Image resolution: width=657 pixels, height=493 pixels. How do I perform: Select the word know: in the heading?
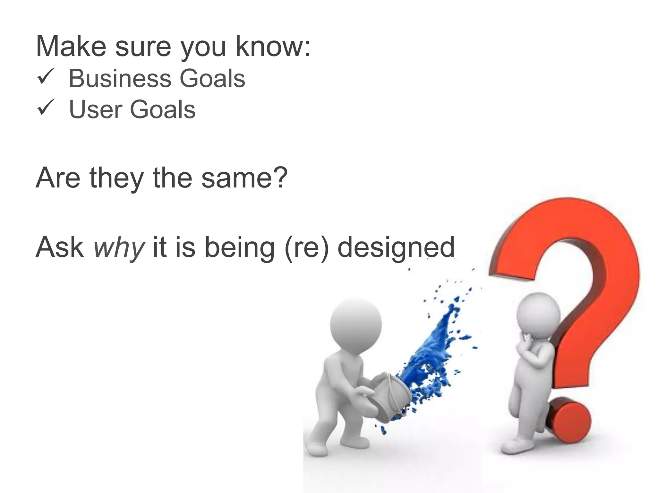coord(273,47)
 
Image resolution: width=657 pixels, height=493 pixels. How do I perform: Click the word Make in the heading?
coord(71,47)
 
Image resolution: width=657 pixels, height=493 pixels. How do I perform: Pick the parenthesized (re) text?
coord(307,248)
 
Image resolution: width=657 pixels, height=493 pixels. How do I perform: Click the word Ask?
coord(60,247)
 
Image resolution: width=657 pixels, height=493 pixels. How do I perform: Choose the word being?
coord(240,248)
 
